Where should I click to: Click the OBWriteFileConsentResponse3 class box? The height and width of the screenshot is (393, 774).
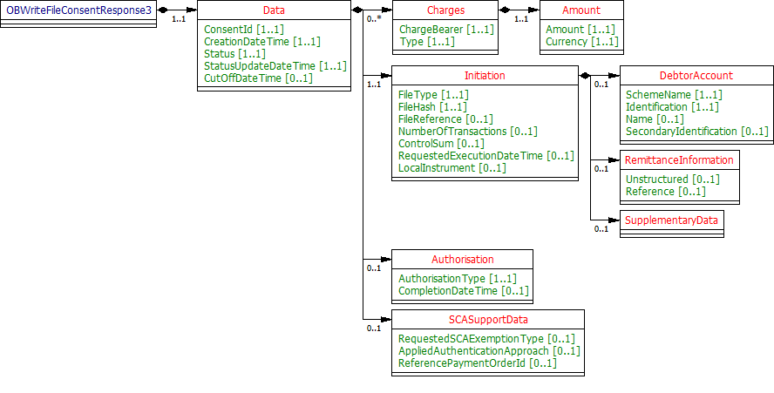point(78,10)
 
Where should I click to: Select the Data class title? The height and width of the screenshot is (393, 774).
point(273,10)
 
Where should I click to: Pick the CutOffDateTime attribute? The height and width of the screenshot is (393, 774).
point(258,78)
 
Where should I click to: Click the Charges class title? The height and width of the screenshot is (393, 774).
point(445,10)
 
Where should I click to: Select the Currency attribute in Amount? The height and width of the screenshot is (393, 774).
point(581,41)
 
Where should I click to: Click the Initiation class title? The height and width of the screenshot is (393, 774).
point(484,76)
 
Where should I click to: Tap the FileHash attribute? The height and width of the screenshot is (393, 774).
point(433,106)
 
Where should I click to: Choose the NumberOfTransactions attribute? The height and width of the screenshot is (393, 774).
point(467,131)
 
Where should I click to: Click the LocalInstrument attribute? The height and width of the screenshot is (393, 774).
point(451,167)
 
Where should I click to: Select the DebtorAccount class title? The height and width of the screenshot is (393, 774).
point(695,76)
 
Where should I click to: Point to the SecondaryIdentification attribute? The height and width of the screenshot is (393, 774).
point(696,131)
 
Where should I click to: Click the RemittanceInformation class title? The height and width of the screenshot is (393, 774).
point(679,160)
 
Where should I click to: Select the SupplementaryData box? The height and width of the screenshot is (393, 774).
point(671,220)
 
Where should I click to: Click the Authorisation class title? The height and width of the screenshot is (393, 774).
point(462,259)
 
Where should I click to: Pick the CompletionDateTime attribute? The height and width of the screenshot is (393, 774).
point(463,290)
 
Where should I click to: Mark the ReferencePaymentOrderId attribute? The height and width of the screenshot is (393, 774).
point(477,363)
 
